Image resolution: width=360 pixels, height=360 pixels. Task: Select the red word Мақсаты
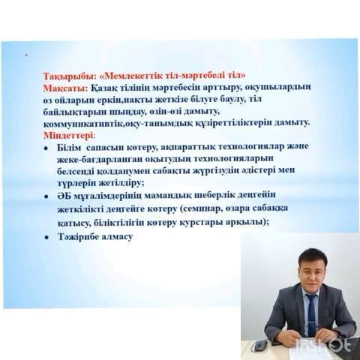tap(65, 88)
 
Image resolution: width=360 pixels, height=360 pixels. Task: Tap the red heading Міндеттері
tap(69, 136)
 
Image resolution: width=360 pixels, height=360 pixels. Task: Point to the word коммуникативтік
tap(83, 124)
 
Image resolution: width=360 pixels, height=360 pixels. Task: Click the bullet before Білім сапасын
tap(46, 148)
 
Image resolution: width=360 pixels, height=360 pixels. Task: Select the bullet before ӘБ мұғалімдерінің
tap(46, 196)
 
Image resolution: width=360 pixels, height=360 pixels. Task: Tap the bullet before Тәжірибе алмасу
tap(46, 238)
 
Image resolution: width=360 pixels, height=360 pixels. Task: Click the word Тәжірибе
tap(78, 236)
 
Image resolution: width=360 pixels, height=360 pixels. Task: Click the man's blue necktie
tap(311, 316)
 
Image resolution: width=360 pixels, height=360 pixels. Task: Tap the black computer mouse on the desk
tap(259, 346)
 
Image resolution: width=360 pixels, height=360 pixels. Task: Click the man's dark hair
tap(313, 257)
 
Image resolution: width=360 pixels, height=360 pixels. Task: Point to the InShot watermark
tap(325, 346)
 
